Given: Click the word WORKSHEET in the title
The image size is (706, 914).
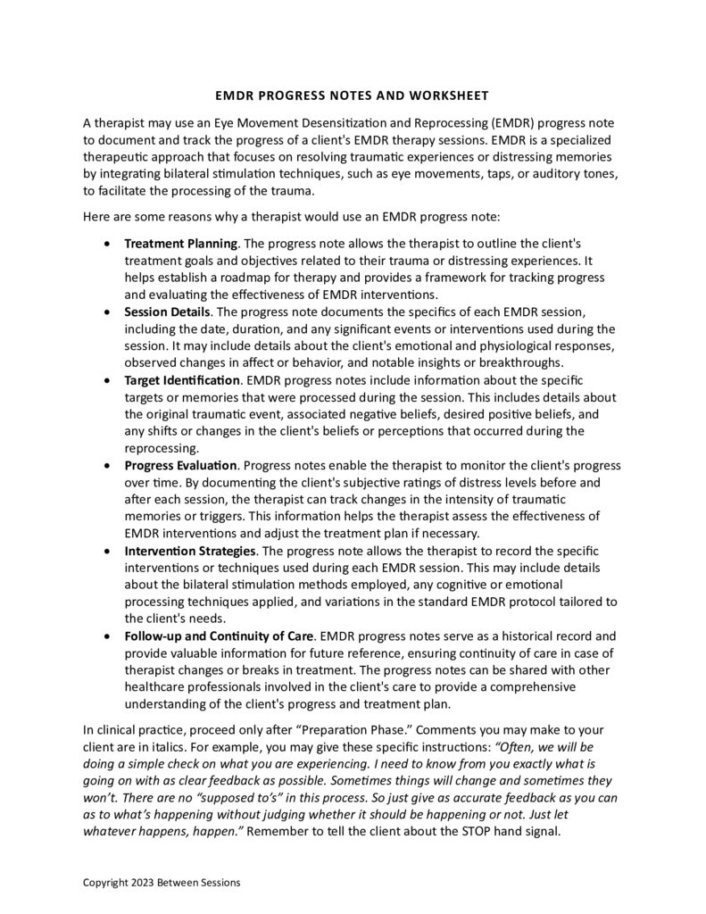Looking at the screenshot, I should pyautogui.click(x=454, y=96).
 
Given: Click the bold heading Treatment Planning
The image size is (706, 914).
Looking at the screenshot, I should pyautogui.click(x=180, y=243).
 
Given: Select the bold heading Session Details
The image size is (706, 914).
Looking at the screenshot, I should pyautogui.click(x=167, y=312).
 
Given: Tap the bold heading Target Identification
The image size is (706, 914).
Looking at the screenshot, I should pyautogui.click(x=182, y=380).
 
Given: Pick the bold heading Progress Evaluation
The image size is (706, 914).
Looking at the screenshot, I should pyautogui.click(x=180, y=466).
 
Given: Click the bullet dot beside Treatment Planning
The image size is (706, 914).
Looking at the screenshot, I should pyautogui.click(x=108, y=243).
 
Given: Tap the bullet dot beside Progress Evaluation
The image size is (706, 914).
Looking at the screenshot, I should pyautogui.click(x=108, y=466).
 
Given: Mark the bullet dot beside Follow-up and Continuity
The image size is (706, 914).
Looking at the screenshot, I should pyautogui.click(x=108, y=636).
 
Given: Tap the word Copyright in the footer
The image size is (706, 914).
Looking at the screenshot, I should pyautogui.click(x=104, y=883).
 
